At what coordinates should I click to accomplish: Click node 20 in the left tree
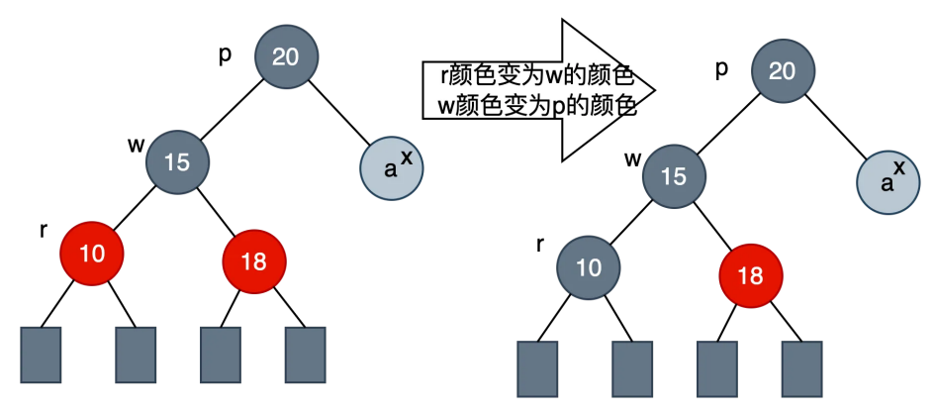pos(286,56)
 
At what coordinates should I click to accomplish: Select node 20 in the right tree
pos(782,70)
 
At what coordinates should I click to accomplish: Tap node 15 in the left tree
pos(177,160)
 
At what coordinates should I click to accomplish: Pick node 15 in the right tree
pos(673,176)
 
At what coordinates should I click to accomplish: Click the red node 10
pos(92,253)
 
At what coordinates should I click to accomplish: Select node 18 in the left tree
pos(254,261)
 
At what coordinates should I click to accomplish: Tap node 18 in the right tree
pos(751,276)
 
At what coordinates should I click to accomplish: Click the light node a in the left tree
pos(391,168)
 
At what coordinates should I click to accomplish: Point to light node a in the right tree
pos(887,183)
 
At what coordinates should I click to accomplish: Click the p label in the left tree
pos(225,53)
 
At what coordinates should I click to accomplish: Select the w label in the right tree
pos(632,159)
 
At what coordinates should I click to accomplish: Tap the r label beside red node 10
pos(44,230)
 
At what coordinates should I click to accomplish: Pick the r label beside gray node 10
pos(540,245)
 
